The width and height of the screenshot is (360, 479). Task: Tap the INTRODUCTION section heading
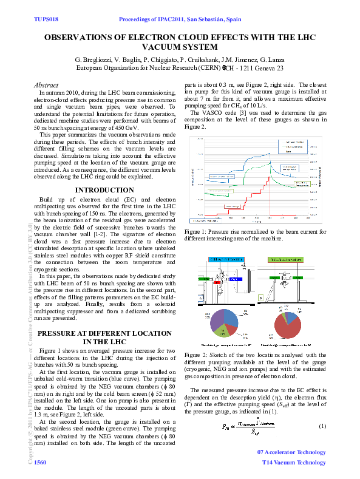point(104,191)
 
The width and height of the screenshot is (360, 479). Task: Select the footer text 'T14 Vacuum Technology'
point(294,463)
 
